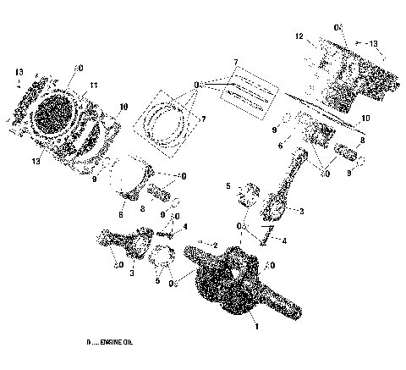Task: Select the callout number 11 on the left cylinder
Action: point(95,85)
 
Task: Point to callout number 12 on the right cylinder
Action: point(299,37)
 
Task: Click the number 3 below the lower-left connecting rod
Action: point(131,274)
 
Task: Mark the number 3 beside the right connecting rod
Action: point(301,210)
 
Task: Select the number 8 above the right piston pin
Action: point(362,141)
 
